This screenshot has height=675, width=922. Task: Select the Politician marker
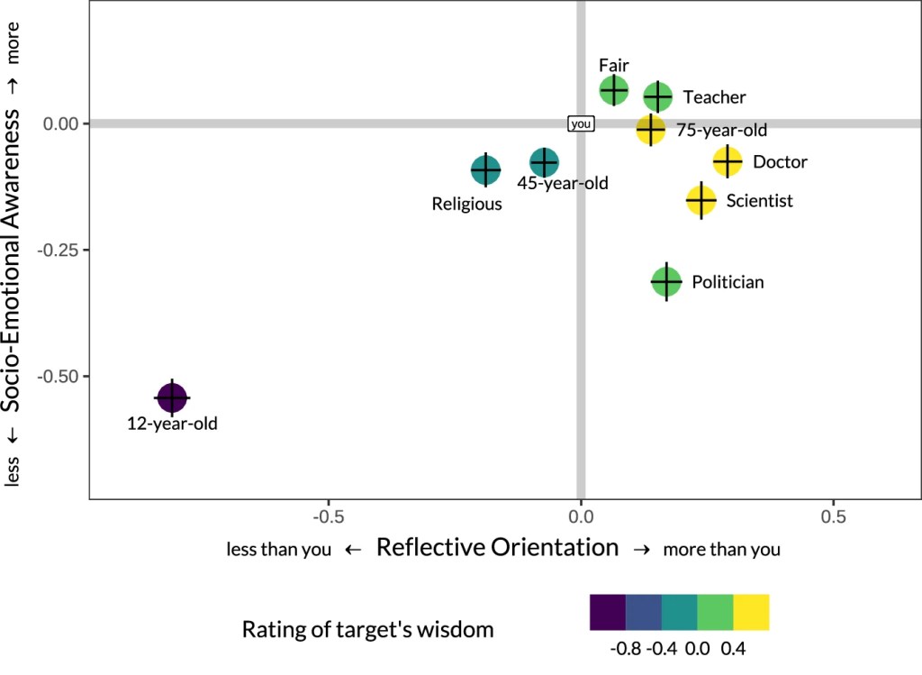click(666, 282)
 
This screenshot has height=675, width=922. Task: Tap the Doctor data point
click(727, 162)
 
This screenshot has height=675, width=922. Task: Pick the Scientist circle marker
click(701, 200)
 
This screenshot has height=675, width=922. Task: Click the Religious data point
click(485, 169)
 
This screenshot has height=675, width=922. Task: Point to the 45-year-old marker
click(544, 162)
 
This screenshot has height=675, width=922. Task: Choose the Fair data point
click(614, 90)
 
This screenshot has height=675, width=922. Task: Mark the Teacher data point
click(657, 96)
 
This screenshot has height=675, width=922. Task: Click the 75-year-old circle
click(650, 130)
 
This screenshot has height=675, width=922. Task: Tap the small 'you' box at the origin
click(581, 123)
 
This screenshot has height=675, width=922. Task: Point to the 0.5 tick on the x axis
click(834, 517)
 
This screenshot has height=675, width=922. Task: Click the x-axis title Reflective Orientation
click(497, 547)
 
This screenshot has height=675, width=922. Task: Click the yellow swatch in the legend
click(751, 611)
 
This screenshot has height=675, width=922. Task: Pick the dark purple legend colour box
click(607, 611)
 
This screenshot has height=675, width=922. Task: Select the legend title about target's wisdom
click(367, 629)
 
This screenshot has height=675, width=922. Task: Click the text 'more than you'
click(721, 549)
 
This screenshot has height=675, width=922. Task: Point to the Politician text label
click(728, 282)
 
